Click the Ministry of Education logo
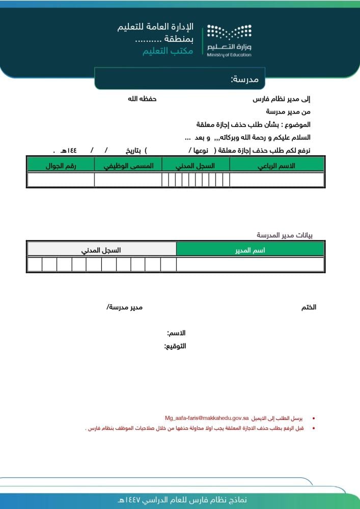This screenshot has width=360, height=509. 229,40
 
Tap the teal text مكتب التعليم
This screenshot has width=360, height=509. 168,51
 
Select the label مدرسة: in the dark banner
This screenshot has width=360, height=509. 245,79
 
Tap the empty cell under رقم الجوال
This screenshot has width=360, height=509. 61,180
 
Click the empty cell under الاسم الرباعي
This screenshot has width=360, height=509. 276,180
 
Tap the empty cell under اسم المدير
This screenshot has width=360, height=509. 250,265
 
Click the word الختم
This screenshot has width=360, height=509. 309,307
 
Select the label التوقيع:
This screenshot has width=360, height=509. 175,346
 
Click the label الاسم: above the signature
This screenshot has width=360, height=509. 176,333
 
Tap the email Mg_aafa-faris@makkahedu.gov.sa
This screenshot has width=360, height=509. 207,418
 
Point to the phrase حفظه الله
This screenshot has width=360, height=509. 142,99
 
